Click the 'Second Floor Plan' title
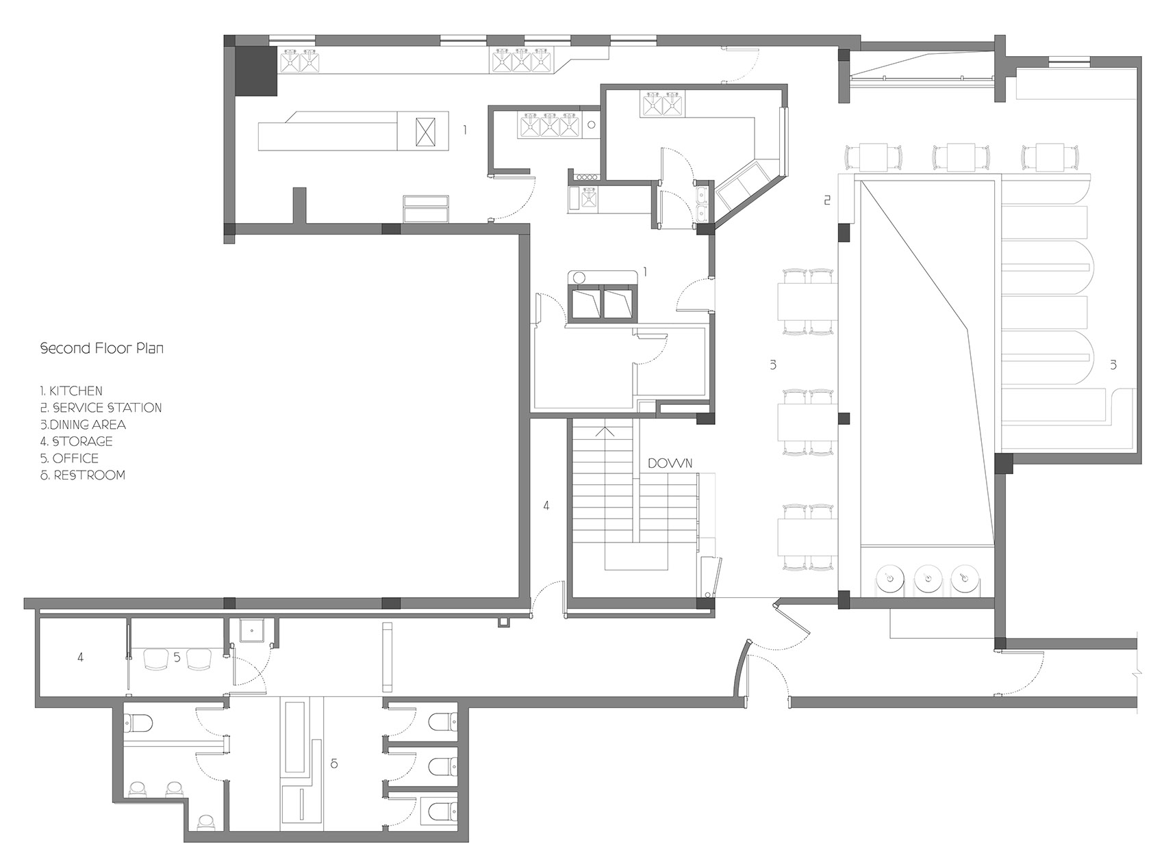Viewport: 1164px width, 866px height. coord(102,348)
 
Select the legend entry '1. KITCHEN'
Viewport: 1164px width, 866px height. coord(71,391)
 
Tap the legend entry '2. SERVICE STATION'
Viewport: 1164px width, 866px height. coord(101,408)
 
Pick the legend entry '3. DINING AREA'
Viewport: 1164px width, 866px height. coord(83,424)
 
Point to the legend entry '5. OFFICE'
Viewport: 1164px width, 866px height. coord(69,458)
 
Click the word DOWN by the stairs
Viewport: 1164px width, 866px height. coord(670,463)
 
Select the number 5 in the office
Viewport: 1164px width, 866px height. coord(177,657)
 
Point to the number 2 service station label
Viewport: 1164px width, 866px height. coord(827,200)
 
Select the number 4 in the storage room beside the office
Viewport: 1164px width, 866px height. coord(80,657)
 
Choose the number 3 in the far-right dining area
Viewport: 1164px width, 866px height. coord(1113,365)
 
